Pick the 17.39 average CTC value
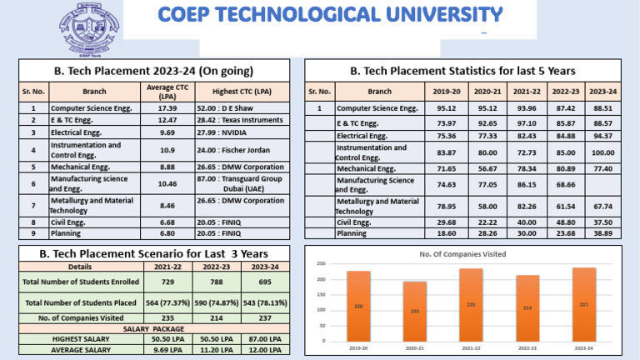click(x=167, y=108)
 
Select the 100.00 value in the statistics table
click(x=602, y=152)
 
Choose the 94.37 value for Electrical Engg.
click(x=602, y=136)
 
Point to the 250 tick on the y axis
click(x=320, y=262)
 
